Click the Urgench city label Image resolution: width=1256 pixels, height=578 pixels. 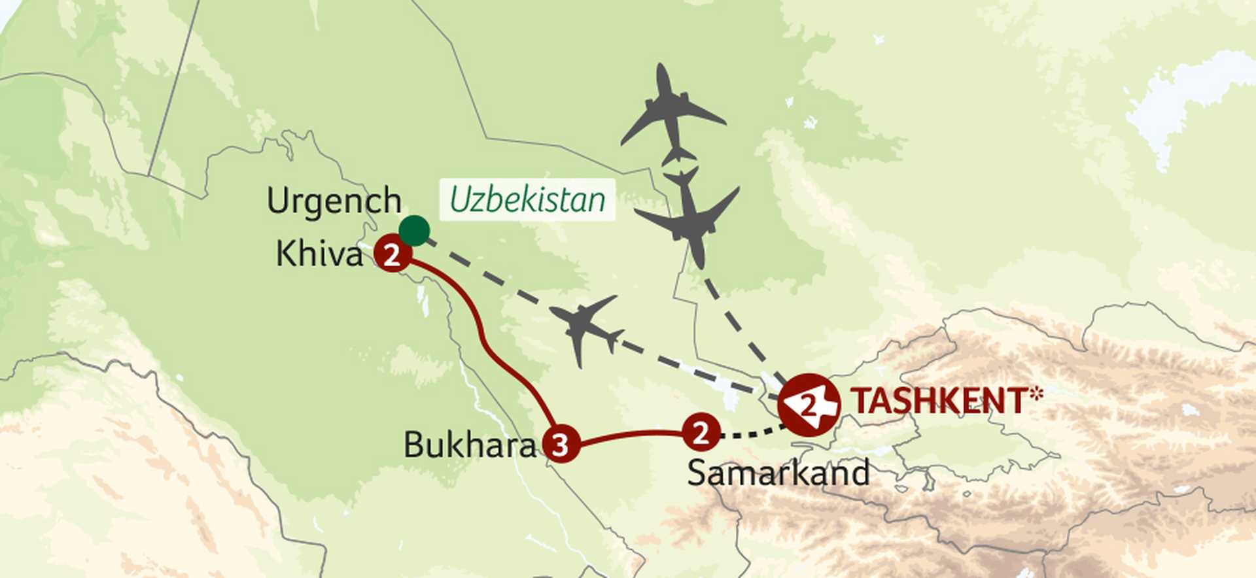pos(334,201)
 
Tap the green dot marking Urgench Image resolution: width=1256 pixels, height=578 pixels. pos(414,231)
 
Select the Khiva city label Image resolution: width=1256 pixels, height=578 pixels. pos(319,254)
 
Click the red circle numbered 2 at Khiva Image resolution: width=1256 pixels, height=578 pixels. pos(392,255)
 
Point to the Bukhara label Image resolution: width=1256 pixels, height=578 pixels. pos(469,445)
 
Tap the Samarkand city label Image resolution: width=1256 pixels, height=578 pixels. pos(778,472)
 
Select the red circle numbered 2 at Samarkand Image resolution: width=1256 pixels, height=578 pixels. pos(701,432)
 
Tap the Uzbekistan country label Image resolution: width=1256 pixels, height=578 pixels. pos(527,199)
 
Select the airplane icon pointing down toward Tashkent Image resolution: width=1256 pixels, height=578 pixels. pos(690,216)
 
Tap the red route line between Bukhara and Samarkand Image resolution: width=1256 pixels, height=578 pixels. pos(628,435)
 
